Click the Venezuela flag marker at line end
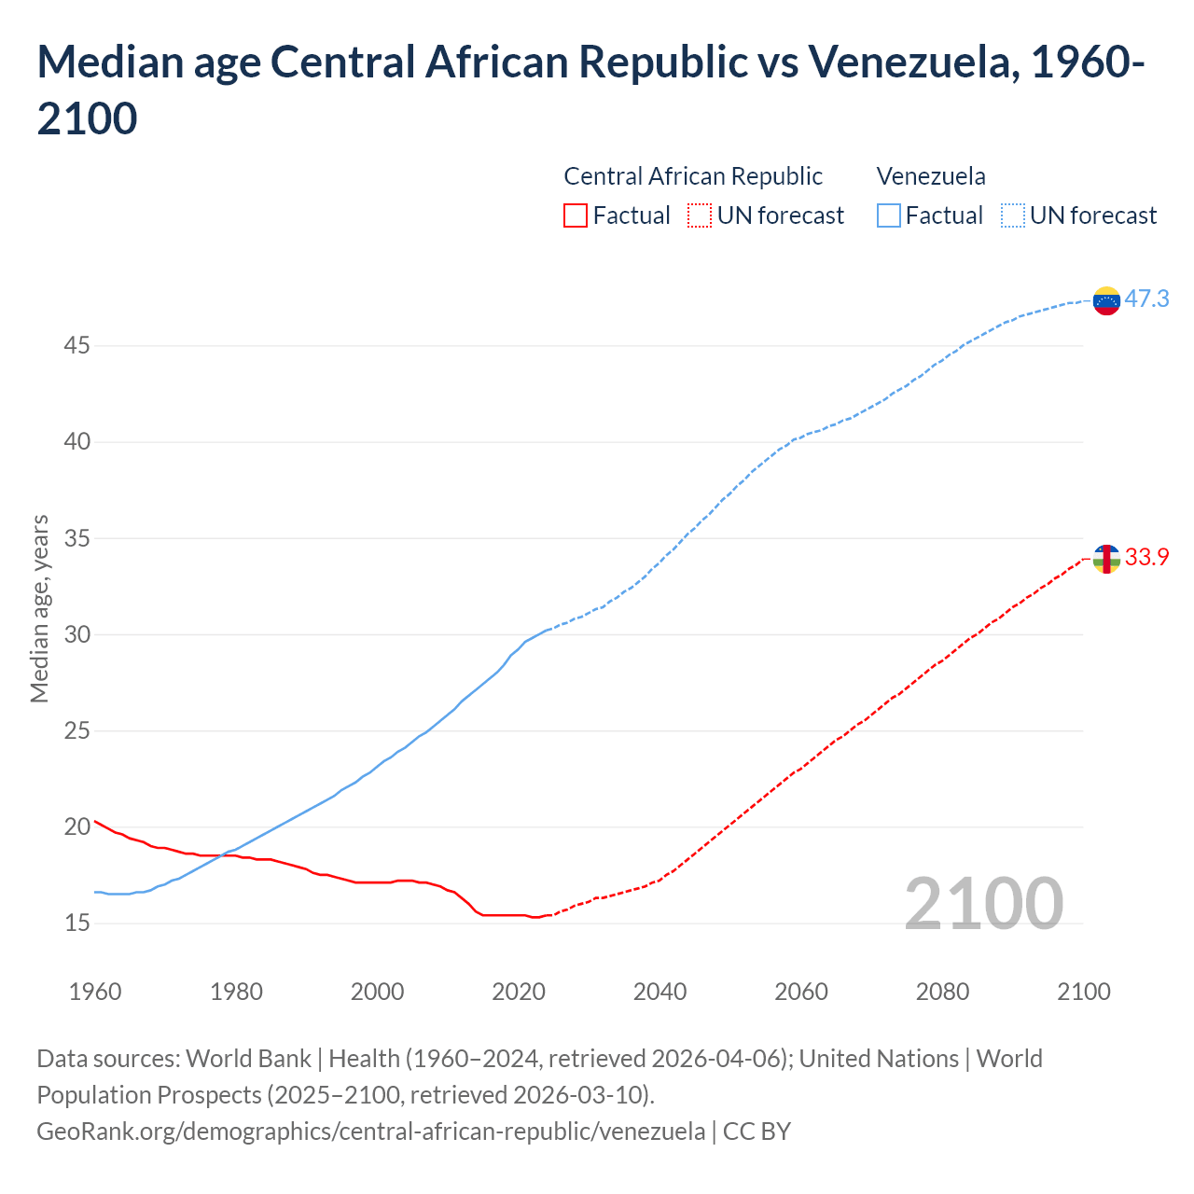[1106, 300]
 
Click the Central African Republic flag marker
[1106, 559]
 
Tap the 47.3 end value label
[1146, 298]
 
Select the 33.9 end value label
[1146, 557]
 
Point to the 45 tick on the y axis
[76, 346]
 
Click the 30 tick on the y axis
[76, 634]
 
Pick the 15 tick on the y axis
[76, 923]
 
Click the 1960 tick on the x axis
[95, 992]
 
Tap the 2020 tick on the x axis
[519, 992]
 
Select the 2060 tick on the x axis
[801, 992]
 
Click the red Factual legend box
[576, 215]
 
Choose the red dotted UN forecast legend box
[700, 215]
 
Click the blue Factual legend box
[889, 215]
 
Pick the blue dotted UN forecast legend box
[1013, 215]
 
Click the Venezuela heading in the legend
[931, 176]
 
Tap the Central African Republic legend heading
[693, 176]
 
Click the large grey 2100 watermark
[983, 904]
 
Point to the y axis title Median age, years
[39, 608]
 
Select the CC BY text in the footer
[757, 1131]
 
